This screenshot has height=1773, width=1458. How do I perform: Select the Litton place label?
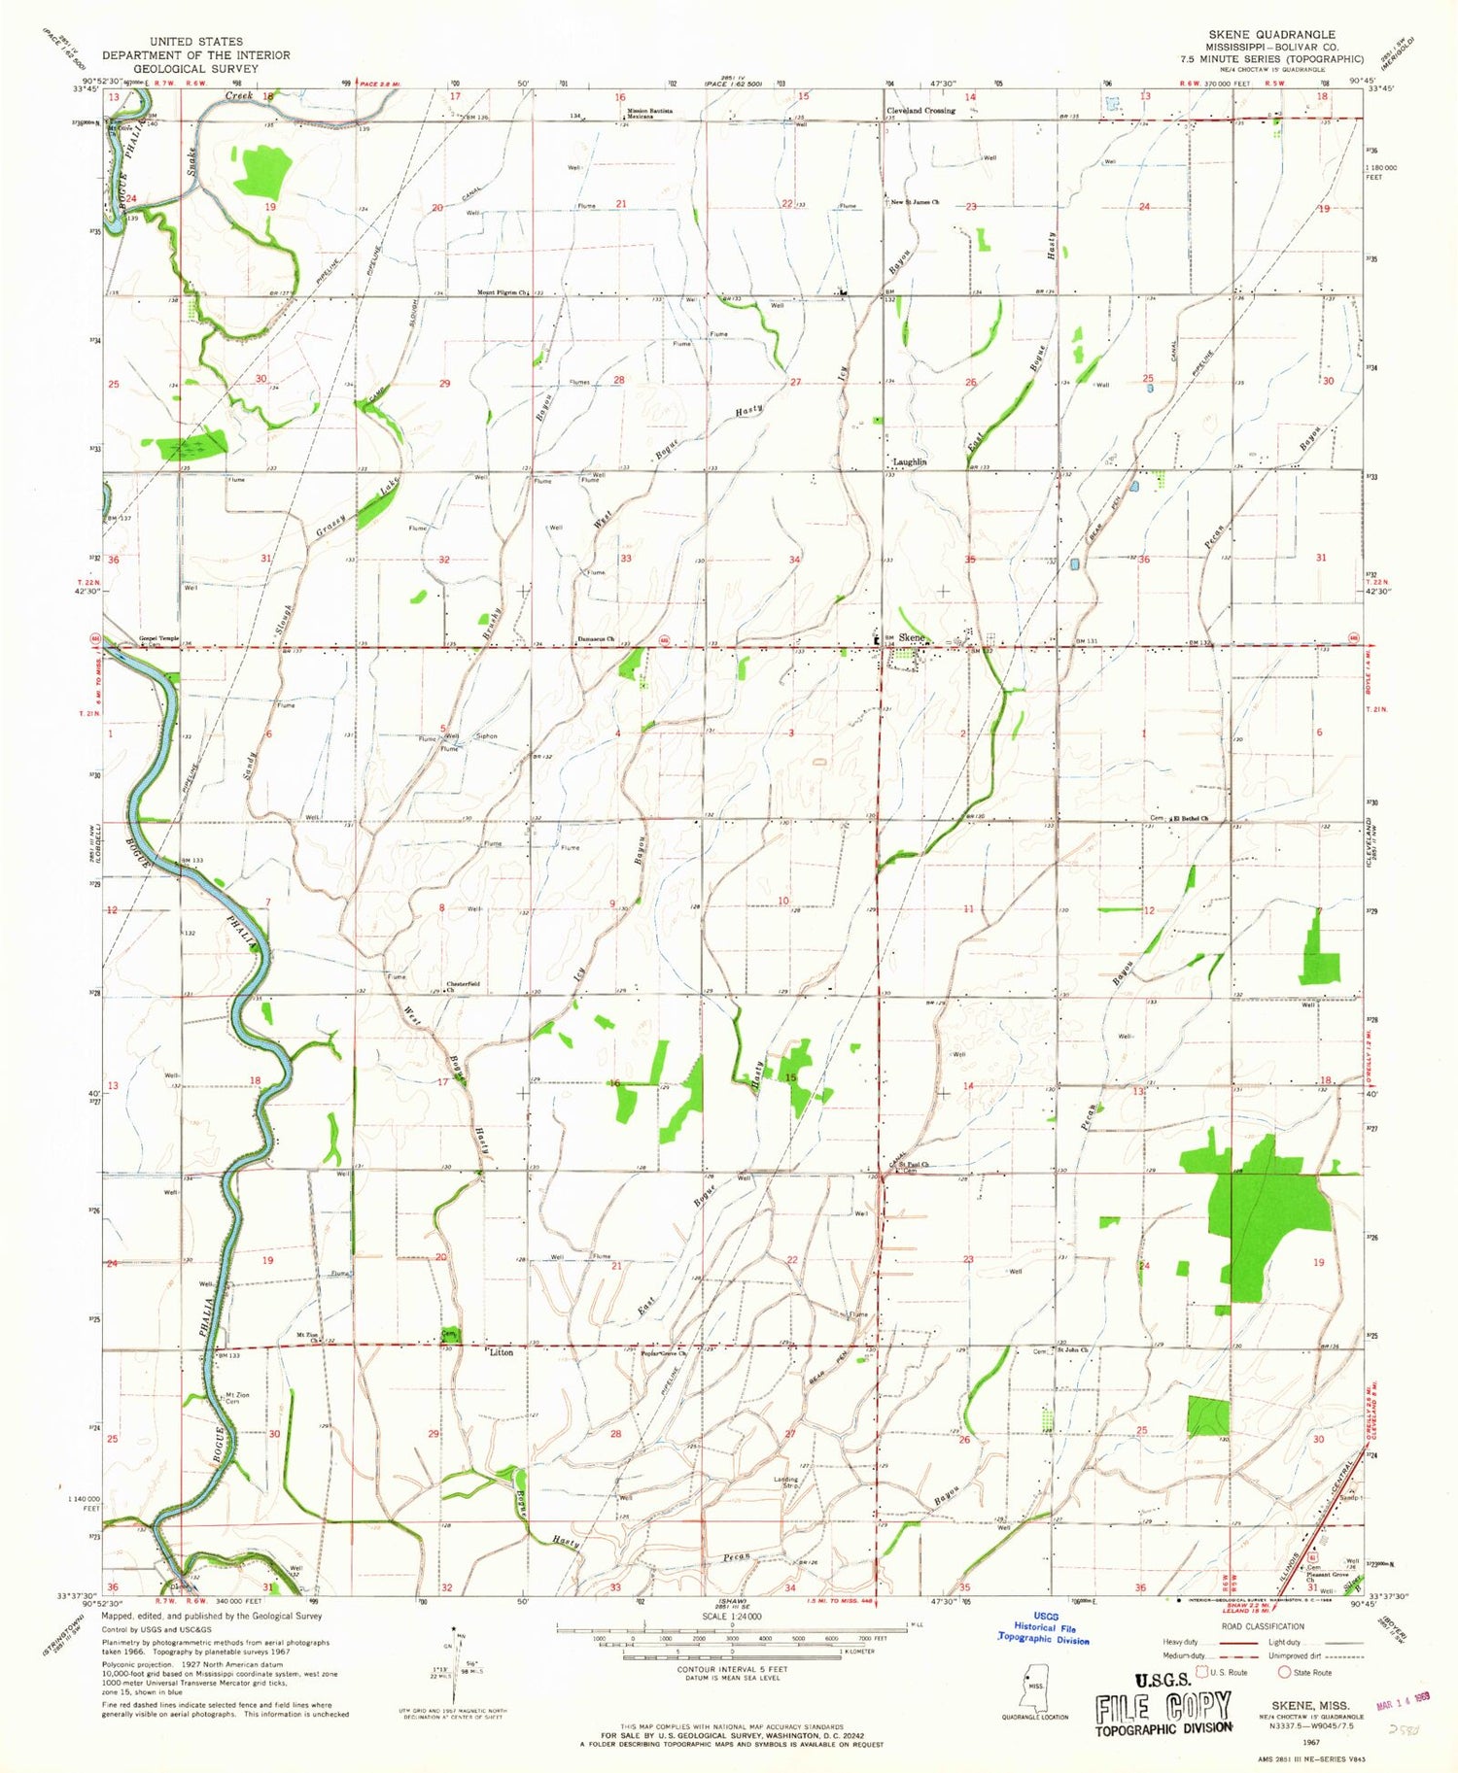[501, 1351]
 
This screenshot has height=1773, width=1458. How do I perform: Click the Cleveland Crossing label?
[920, 111]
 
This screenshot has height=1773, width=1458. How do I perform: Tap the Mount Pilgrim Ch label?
[501, 292]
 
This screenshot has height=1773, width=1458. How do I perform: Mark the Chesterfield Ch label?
[464, 986]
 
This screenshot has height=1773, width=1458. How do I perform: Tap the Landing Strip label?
[785, 1483]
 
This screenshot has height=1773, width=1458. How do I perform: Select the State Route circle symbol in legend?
[1284, 1673]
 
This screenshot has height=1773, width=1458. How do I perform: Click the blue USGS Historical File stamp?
[1043, 1634]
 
